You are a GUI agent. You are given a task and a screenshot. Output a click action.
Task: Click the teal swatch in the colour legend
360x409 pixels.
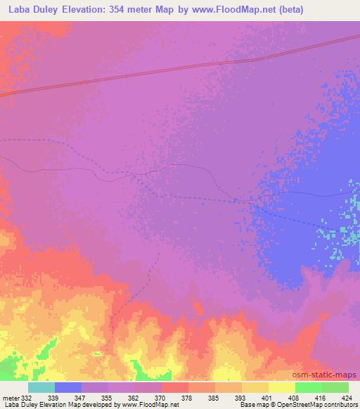[x=41, y=387]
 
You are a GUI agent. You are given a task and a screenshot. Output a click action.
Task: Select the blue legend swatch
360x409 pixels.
[x=68, y=387]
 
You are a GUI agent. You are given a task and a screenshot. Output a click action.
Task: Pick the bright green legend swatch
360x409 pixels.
[x=308, y=387]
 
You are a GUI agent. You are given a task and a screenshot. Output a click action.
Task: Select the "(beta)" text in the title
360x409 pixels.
[x=337, y=9]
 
